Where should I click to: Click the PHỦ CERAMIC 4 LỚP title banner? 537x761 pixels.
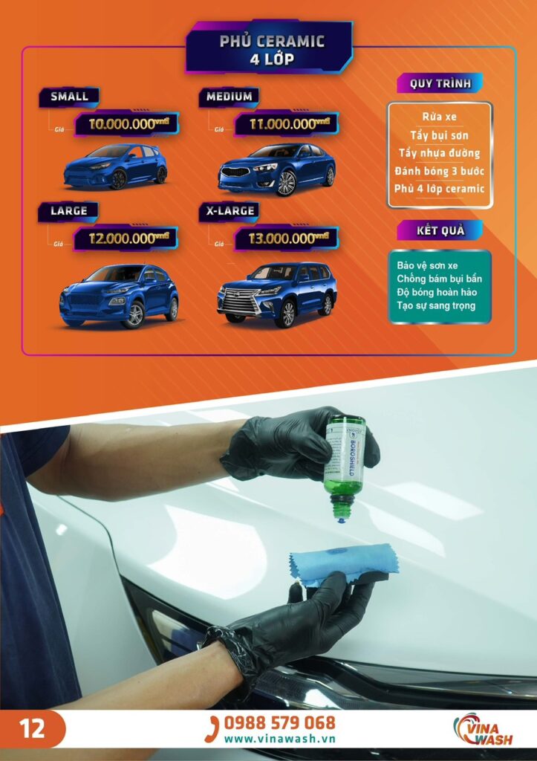pos(272,49)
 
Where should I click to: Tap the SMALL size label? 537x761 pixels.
pos(69,97)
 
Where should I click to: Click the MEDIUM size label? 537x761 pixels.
pos(229,97)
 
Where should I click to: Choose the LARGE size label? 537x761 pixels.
pos(69,211)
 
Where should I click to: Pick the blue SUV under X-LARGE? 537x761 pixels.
pos(276,293)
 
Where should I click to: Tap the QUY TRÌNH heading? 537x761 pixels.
pos(440,83)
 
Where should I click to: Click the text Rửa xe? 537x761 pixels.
pos(439,117)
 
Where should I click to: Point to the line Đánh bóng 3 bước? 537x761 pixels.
pos(439,171)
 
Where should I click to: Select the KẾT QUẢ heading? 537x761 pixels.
pos(440,230)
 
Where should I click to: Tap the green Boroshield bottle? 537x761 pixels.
pos(344,461)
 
